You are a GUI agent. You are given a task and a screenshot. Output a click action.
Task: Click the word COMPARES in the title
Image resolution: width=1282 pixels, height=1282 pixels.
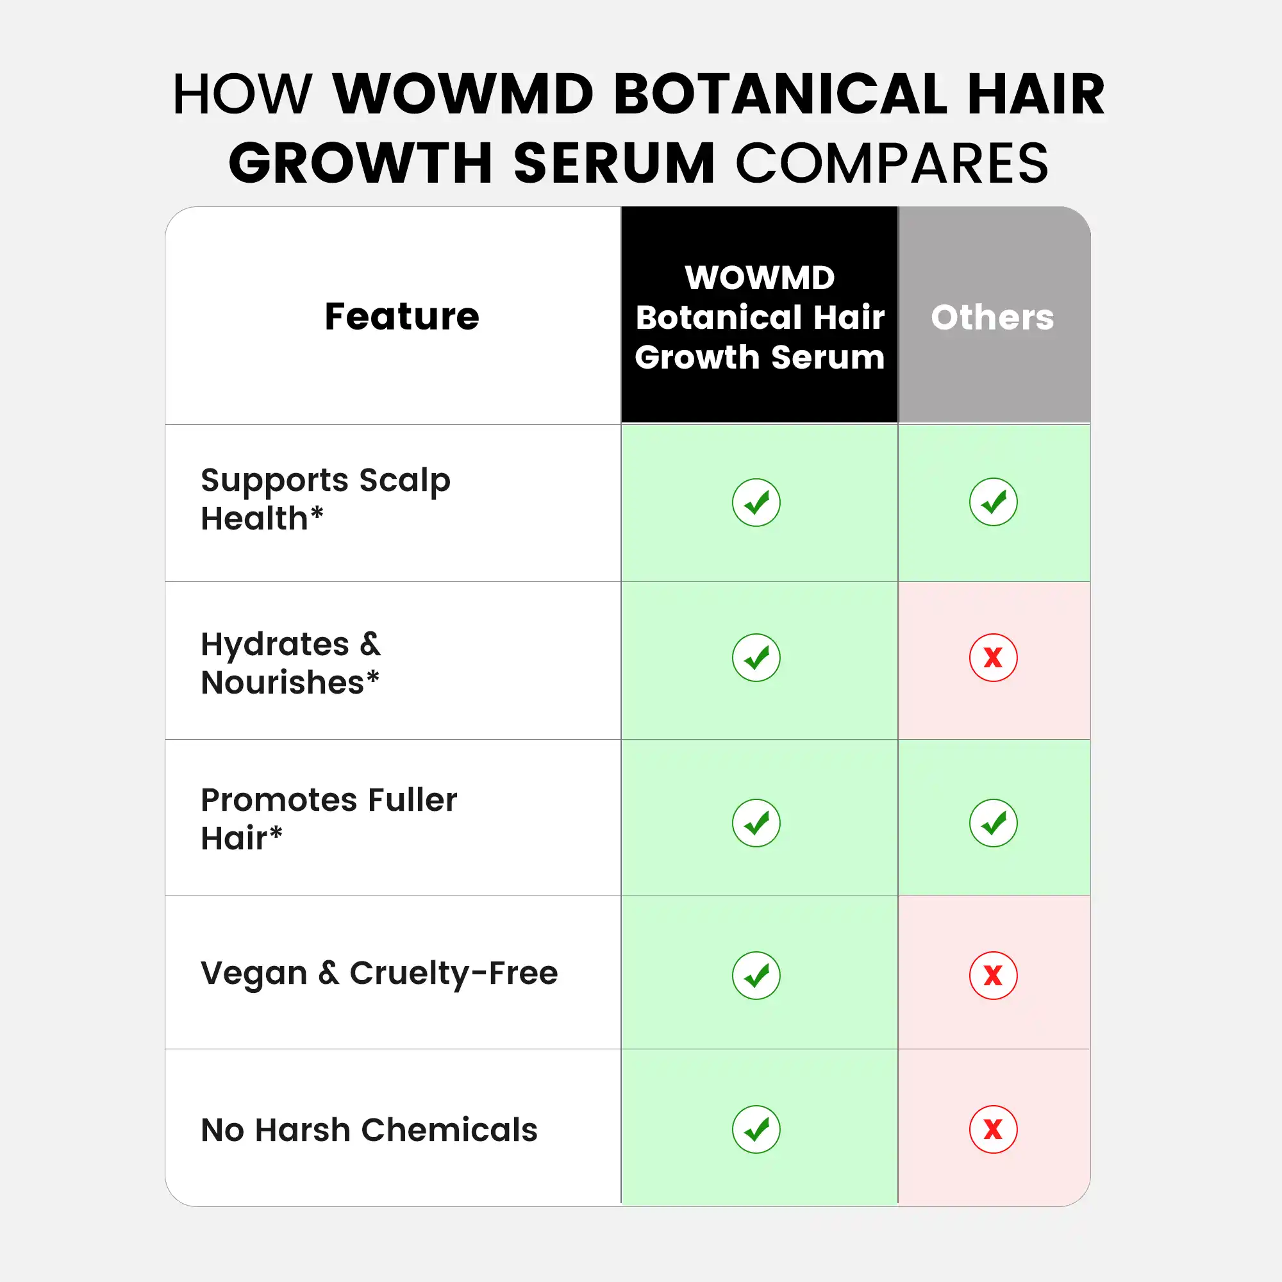pos(892,163)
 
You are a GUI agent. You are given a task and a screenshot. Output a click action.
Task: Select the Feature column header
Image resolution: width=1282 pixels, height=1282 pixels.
pos(401,316)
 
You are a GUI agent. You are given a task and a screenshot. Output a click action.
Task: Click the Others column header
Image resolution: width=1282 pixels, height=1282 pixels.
pos(993,317)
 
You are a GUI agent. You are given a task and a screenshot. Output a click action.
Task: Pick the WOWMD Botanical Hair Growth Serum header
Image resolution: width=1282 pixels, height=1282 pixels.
pos(760,317)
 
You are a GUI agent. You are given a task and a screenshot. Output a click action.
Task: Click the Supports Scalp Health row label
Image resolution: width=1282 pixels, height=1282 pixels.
pos(325,499)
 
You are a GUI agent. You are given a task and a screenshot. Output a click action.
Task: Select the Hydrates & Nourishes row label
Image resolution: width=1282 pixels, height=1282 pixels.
pos(290,663)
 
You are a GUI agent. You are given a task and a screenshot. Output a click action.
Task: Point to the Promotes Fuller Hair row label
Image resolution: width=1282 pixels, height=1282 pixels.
pos(329,819)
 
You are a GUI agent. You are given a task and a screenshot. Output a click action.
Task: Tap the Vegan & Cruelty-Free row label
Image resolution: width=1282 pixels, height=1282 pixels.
pos(379,974)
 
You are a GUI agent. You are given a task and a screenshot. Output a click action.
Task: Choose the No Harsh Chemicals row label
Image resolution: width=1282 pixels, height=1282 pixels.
pos(369,1129)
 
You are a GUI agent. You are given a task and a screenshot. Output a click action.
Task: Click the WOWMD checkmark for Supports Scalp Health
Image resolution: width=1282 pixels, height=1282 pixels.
pos(756,503)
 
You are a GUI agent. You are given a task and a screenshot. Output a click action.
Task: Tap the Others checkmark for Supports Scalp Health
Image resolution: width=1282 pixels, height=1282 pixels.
pos(994,502)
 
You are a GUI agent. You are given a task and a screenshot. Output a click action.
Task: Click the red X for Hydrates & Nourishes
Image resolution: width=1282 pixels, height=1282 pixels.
pos(994,658)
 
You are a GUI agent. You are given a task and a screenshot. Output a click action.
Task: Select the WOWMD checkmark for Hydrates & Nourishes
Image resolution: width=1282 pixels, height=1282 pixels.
pos(756,658)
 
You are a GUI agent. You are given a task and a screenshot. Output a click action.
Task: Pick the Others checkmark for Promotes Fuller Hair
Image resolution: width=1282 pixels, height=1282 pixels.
pos(994,823)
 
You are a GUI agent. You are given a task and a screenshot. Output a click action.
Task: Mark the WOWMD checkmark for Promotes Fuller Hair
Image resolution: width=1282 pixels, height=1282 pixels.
pos(756,823)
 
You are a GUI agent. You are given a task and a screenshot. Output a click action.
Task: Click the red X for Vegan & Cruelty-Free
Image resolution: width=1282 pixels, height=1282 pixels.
pos(994,976)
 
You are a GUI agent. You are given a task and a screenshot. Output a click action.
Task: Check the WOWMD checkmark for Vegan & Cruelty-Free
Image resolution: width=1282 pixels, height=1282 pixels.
pos(756,976)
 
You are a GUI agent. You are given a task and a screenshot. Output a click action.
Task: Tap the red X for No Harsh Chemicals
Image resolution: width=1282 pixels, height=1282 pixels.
pos(994,1129)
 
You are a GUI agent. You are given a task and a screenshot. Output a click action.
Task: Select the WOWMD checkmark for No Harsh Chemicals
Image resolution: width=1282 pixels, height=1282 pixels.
pos(756,1129)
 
